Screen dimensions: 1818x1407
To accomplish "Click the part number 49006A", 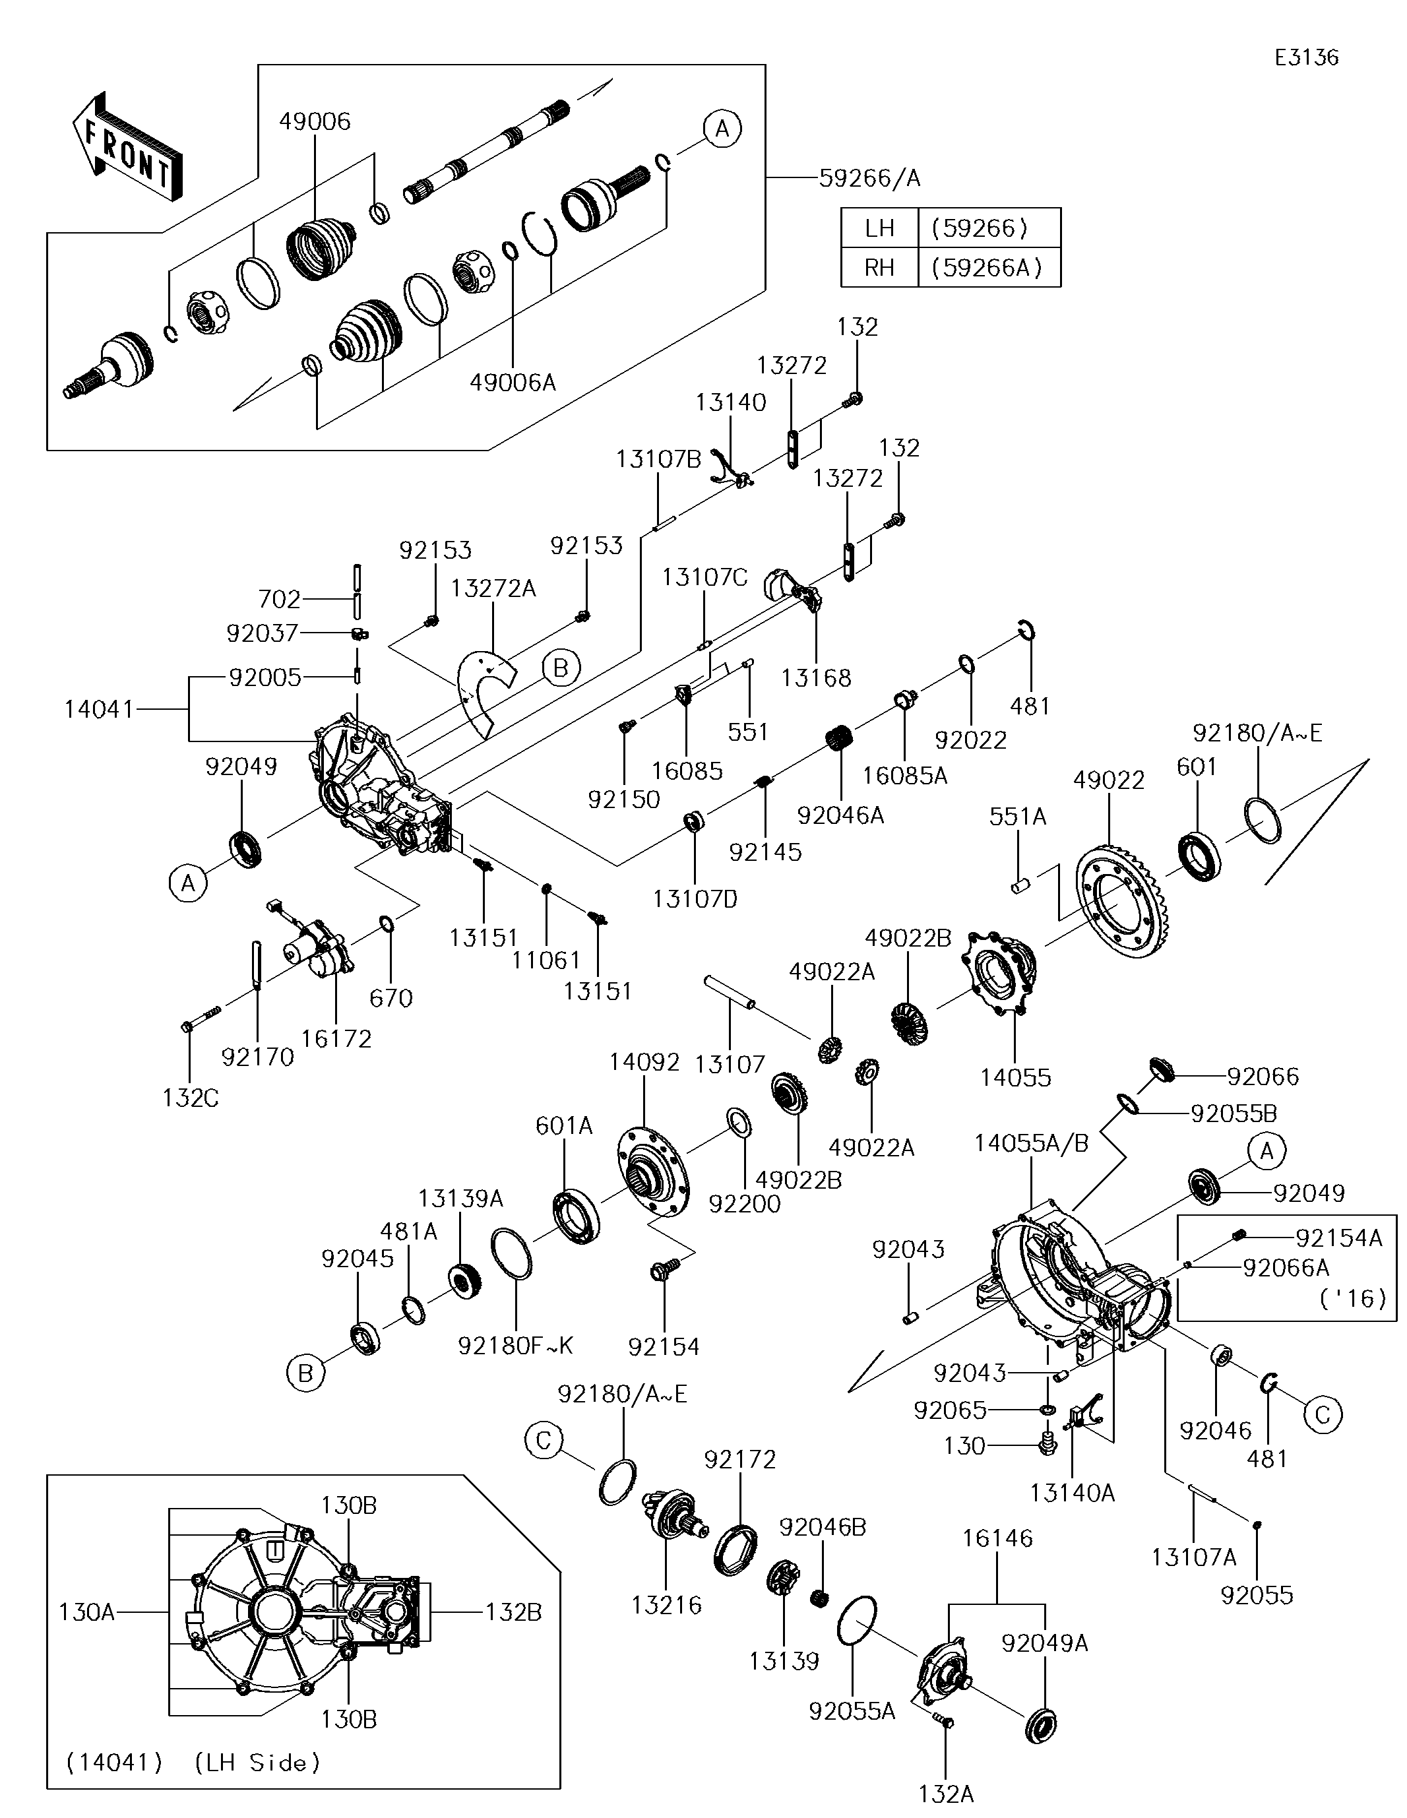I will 512,382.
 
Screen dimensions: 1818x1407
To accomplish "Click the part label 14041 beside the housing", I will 98,709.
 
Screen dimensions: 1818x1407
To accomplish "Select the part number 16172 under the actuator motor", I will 336,1038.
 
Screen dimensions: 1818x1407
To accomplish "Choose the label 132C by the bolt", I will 190,1098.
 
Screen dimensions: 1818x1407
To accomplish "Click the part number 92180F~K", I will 515,1346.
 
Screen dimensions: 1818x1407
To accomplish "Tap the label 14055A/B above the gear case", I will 1031,1144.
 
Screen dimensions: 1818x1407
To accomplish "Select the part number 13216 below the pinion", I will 666,1604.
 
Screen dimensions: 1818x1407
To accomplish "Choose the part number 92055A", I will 852,1710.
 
